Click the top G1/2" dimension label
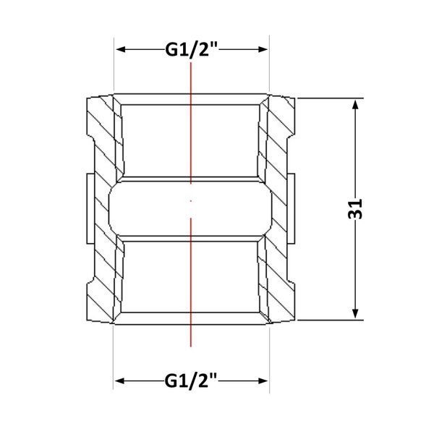coord(192,50)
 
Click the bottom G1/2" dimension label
coord(191,380)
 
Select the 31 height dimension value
coord(355,209)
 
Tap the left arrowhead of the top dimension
coord(122,49)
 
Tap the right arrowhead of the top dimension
coord(263,49)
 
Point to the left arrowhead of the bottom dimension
coord(120,381)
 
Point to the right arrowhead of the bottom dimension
coord(263,381)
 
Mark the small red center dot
coord(191,200)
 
